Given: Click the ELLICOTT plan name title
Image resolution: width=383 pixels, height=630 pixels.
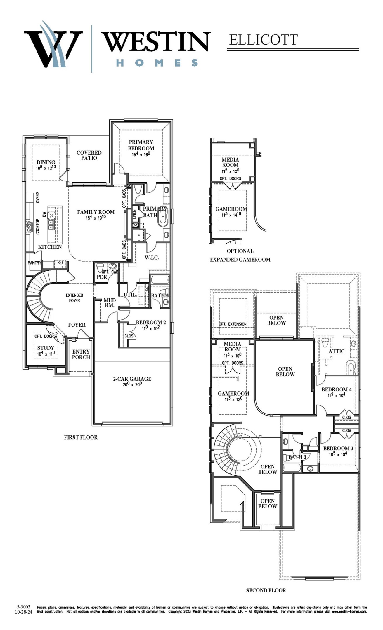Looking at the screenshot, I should (263, 40).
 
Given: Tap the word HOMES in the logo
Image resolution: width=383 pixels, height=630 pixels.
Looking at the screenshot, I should (157, 63).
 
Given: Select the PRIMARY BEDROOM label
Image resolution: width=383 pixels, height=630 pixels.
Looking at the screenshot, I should (141, 145).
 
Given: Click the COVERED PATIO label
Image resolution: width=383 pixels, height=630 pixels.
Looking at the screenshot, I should (89, 155).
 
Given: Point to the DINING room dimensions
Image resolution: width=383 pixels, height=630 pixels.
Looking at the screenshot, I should (46, 168).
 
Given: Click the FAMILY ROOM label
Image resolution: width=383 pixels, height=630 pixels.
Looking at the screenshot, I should (96, 212).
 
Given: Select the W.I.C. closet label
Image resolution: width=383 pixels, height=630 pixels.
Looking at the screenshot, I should (152, 258).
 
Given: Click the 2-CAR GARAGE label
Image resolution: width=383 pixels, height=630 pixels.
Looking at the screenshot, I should (132, 379).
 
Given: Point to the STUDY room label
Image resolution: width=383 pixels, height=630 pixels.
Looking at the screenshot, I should (46, 348).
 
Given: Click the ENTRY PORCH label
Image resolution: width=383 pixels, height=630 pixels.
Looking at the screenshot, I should (81, 354).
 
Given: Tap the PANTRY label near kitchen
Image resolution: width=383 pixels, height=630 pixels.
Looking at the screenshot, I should (34, 263).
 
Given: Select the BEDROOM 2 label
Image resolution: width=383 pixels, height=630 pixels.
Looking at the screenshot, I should (151, 322).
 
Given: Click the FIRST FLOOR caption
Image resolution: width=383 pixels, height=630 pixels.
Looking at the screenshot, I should (81, 437).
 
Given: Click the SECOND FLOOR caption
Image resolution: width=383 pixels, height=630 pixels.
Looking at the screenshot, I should (266, 590).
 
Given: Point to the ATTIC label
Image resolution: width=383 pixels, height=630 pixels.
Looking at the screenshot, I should (336, 351).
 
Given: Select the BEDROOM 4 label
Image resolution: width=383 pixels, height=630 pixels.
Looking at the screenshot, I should (337, 389).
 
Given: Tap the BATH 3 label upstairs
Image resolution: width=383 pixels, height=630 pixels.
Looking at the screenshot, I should (297, 457).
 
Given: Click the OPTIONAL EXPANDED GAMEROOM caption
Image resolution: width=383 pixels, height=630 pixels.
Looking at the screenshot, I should (240, 255).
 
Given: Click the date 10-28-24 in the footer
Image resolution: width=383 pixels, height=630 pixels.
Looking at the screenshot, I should (24, 612).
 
